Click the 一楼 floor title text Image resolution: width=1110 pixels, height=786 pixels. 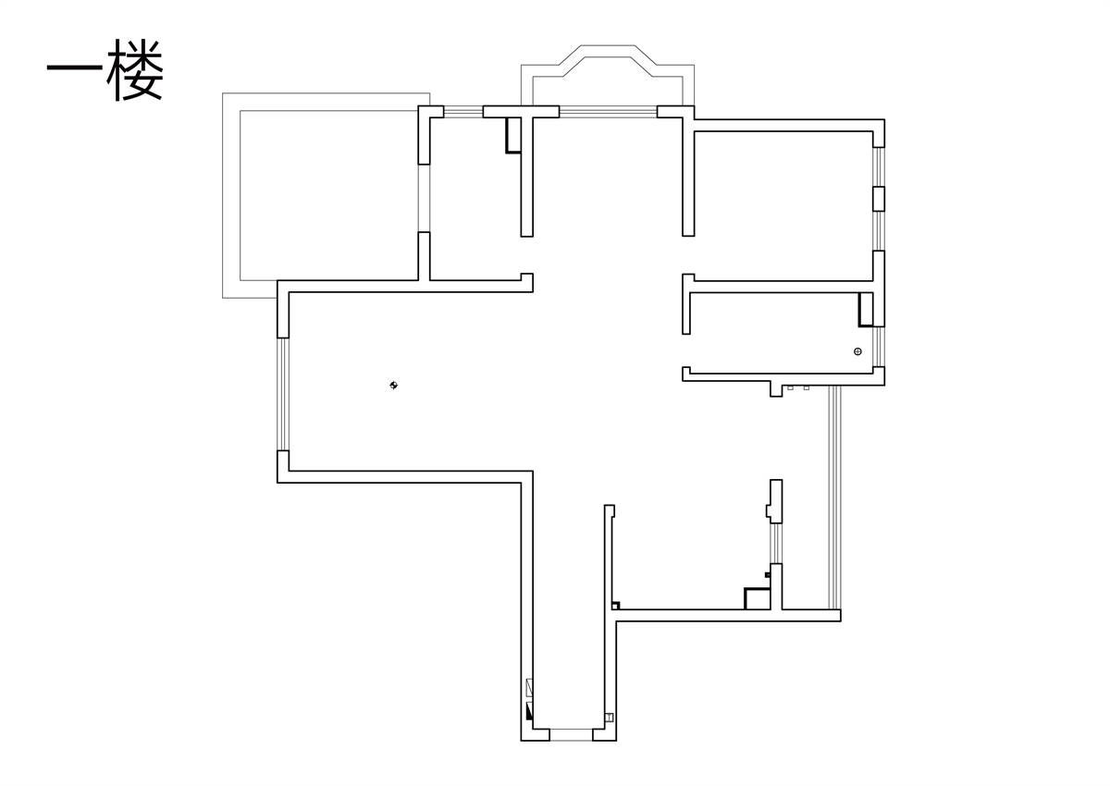click(105, 69)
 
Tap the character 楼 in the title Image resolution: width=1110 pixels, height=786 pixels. click(135, 69)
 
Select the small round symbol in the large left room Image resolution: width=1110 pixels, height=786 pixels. click(393, 385)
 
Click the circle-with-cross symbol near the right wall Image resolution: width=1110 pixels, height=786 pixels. click(857, 351)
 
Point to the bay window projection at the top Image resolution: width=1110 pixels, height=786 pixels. click(608, 74)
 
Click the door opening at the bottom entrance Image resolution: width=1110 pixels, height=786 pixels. click(571, 735)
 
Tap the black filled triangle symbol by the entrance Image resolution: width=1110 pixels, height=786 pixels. click(529, 711)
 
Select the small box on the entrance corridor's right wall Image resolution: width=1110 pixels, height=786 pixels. click(609, 718)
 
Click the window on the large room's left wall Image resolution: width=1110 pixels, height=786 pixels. click(283, 394)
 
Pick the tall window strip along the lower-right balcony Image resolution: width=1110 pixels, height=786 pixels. click(835, 497)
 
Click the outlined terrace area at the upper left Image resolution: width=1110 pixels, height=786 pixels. click(326, 195)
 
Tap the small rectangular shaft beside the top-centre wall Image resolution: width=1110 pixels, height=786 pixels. click(513, 135)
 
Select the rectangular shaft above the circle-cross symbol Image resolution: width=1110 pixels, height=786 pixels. click(866, 309)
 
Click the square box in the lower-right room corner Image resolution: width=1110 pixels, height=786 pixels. click(758, 598)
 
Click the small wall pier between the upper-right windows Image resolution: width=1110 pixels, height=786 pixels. click(879, 199)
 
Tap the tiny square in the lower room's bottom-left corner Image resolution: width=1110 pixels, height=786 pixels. click(616, 606)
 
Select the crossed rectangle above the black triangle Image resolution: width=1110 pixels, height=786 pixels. click(529, 688)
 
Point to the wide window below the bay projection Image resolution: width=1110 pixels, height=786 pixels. click(608, 112)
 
